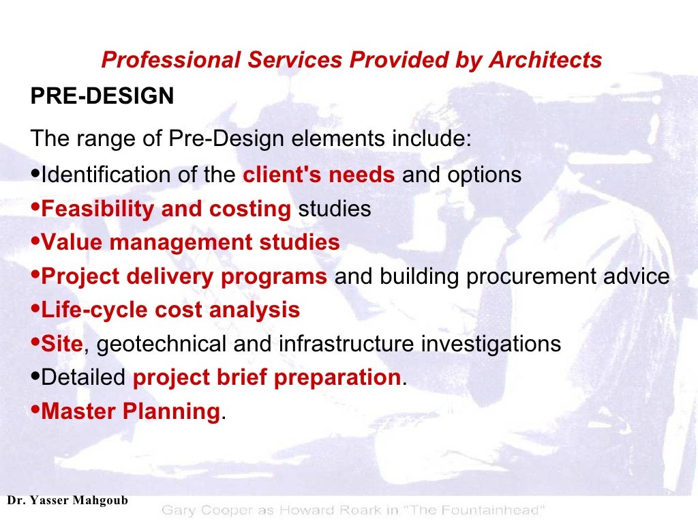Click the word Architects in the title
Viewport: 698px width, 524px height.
[545, 60]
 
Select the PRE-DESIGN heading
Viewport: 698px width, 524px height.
[102, 96]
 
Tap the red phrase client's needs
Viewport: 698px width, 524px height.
[319, 175]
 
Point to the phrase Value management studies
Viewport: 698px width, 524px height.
[190, 242]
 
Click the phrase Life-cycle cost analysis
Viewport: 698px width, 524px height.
[170, 310]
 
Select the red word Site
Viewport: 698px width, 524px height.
[61, 344]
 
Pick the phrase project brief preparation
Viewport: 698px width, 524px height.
[266, 377]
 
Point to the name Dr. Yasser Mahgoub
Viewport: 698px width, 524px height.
[67, 501]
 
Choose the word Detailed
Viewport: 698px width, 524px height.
[84, 377]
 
